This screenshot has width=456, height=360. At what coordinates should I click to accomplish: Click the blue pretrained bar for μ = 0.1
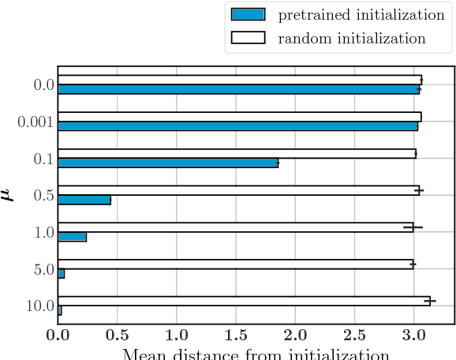point(168,163)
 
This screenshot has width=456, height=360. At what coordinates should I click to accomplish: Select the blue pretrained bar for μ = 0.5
point(84,200)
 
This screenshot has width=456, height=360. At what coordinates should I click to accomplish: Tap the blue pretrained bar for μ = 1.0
point(72,237)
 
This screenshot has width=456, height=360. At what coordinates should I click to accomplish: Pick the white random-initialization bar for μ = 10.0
point(244,301)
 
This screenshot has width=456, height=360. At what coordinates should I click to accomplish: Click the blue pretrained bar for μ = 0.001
point(237,126)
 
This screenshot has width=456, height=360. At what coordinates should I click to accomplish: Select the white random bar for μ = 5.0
point(235,264)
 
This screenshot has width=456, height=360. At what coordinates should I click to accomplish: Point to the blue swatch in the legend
point(248,15)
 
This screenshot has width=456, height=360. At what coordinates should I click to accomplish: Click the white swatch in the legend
point(248,38)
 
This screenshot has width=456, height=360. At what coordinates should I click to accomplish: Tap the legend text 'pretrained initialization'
point(361,15)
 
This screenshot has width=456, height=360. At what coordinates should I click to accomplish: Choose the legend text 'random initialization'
point(351,38)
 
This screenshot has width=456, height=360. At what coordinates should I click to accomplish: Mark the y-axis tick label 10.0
point(39,306)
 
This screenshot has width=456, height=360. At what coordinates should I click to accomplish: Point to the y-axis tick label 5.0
point(43,269)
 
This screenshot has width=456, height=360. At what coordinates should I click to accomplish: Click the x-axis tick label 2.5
point(354,335)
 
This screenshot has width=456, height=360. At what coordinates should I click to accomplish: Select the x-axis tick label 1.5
point(236,335)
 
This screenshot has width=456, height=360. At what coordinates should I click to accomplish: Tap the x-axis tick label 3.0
point(413,335)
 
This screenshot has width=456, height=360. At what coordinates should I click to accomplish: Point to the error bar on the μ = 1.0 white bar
point(413,227)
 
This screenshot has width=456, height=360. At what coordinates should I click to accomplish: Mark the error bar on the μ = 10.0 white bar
point(430,301)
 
